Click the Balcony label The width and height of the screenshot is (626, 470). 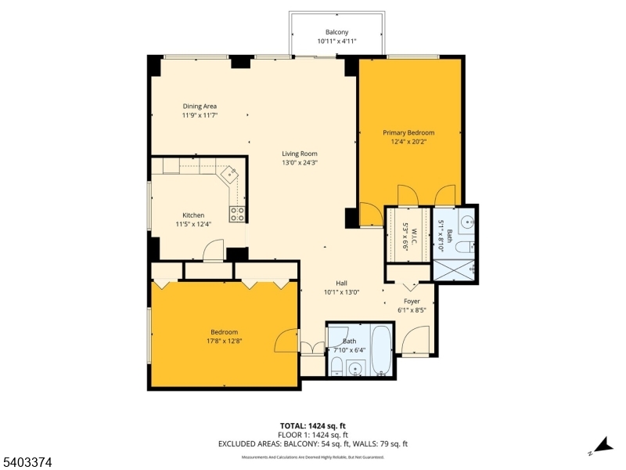tap(336, 32)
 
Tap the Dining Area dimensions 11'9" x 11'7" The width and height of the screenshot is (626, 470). tap(200, 115)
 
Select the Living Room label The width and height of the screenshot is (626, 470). tap(299, 154)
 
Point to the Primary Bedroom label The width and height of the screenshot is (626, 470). tap(408, 132)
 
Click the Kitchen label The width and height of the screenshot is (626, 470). tap(193, 215)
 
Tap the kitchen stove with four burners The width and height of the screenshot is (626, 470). tap(237, 214)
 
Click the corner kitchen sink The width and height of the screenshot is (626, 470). tap(231, 175)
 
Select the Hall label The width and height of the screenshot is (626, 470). tap(341, 283)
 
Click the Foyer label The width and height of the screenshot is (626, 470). tap(412, 301)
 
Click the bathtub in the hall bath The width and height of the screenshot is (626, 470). tap(382, 350)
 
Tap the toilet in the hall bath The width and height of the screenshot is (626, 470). tap(336, 367)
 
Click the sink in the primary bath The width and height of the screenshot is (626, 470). tap(467, 222)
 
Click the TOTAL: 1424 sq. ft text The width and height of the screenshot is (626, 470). tap(313, 425)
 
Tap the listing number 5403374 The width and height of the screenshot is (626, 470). tap(27, 463)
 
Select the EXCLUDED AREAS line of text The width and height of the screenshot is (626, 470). tap(313, 443)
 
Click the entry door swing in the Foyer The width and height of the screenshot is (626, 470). tap(412, 340)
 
